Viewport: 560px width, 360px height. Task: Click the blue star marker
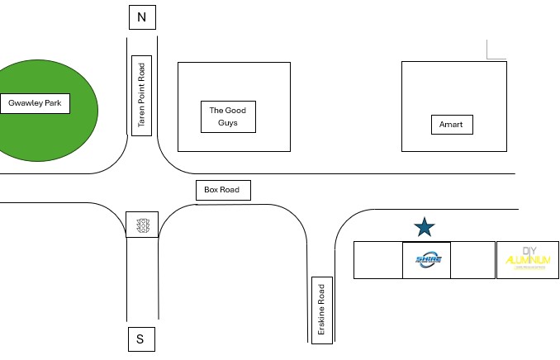[x=424, y=226]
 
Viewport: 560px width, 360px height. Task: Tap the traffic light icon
[x=142, y=225]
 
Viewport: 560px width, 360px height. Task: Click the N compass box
[x=141, y=17]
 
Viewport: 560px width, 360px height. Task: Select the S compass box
[x=140, y=339]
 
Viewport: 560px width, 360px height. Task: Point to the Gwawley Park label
[x=36, y=103]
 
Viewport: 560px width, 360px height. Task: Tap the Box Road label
[x=222, y=190]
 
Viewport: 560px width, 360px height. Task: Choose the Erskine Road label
[x=321, y=310]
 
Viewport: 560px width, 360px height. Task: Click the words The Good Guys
[x=228, y=116]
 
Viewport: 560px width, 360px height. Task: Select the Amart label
[x=452, y=125]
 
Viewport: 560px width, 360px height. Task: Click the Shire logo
[x=427, y=259]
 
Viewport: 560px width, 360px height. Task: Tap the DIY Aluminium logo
[x=527, y=259]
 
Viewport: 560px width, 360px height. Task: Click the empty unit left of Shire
[x=377, y=259]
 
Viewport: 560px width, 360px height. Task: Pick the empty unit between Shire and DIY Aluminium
[x=472, y=259]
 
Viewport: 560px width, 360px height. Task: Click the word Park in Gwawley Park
[x=55, y=103]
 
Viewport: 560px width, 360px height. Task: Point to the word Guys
[x=228, y=122]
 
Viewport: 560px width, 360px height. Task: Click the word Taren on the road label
[x=141, y=119]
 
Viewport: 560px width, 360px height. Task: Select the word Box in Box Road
[x=211, y=190]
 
